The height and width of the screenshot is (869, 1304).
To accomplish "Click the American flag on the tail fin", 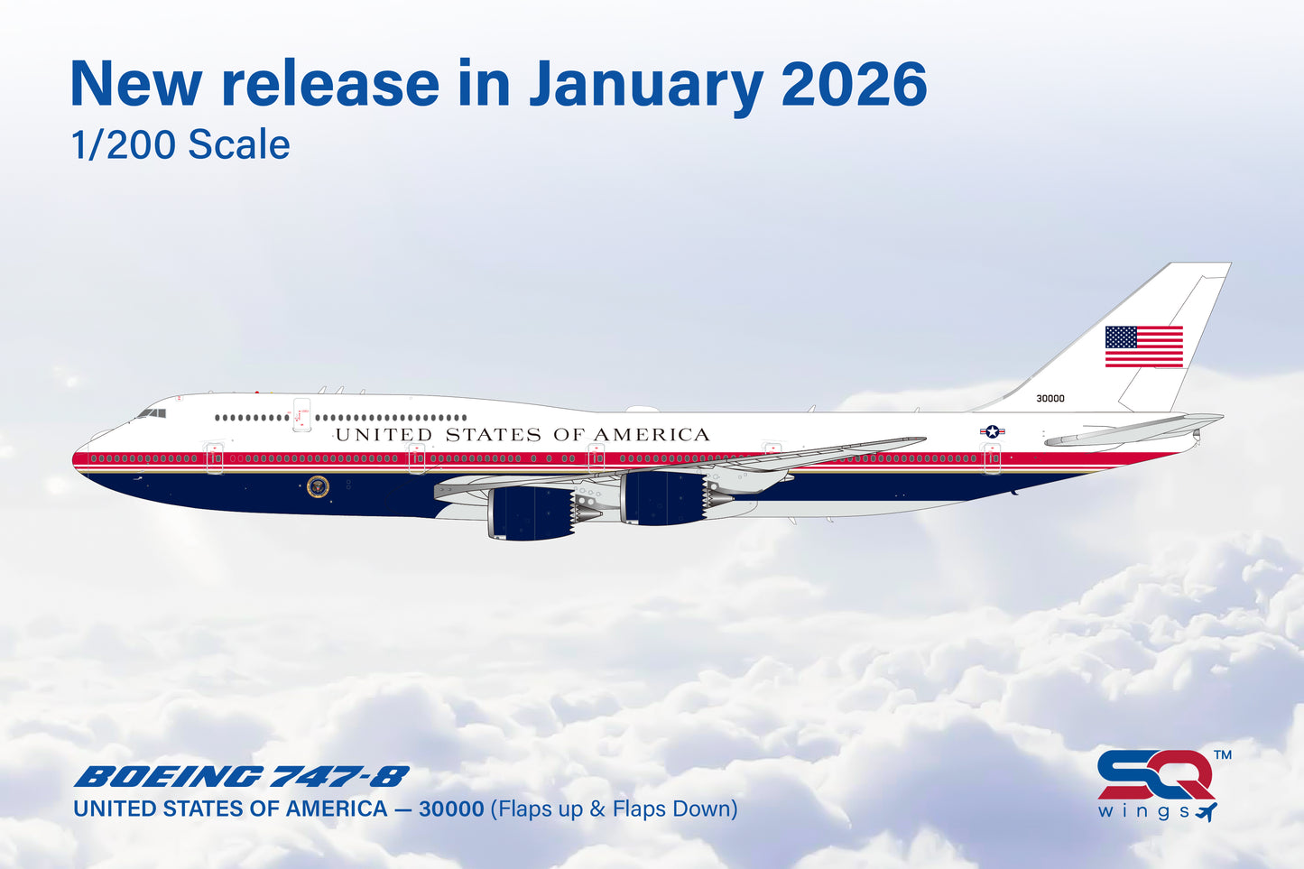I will pyautogui.click(x=1143, y=347).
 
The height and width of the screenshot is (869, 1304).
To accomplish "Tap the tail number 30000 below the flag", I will pyautogui.click(x=1050, y=398).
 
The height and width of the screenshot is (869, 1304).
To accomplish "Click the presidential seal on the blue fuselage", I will pyautogui.click(x=318, y=486).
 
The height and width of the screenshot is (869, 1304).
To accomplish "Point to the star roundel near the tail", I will pyautogui.click(x=992, y=432).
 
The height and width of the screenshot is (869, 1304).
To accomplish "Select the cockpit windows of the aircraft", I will pyautogui.click(x=152, y=413).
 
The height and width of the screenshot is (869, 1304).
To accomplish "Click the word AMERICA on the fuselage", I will pyautogui.click(x=651, y=435).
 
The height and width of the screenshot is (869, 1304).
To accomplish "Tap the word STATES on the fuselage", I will pyautogui.click(x=493, y=435).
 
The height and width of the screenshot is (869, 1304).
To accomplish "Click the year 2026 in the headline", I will pyautogui.click(x=854, y=84).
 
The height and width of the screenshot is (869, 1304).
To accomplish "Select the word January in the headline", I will pyautogui.click(x=646, y=84).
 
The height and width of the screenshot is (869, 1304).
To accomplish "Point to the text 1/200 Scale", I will pyautogui.click(x=180, y=144).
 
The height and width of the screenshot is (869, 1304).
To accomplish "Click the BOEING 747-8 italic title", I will pyautogui.click(x=241, y=777).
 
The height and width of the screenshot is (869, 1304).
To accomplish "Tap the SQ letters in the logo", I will pyautogui.click(x=1154, y=774).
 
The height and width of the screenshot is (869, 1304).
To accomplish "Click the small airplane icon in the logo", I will pyautogui.click(x=1206, y=811).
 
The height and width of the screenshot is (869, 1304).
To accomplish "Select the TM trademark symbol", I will pyautogui.click(x=1222, y=754).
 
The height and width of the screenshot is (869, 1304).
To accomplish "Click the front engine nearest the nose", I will pyautogui.click(x=532, y=513).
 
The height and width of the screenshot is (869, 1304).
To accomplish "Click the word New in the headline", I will pyautogui.click(x=135, y=84).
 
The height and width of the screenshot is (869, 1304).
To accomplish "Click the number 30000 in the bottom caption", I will pyautogui.click(x=451, y=809).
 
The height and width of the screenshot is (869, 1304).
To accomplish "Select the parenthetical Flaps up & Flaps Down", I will pyautogui.click(x=614, y=809).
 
